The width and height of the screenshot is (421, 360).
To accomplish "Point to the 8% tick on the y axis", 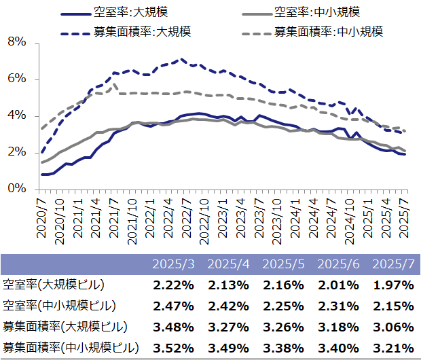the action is pyautogui.click(x=17, y=42).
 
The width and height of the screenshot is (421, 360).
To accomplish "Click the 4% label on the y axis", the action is pyautogui.click(x=17, y=115).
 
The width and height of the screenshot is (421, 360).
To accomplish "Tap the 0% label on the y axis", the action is pyautogui.click(x=17, y=189).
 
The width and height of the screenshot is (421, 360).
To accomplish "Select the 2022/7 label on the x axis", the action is pyautogui.click(x=186, y=218).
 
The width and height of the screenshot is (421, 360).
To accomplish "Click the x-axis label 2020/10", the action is pyautogui.click(x=59, y=221).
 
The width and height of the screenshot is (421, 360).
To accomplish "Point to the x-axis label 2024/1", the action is pyautogui.click(x=295, y=218).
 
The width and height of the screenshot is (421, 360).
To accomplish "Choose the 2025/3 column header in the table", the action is pyautogui.click(x=173, y=264).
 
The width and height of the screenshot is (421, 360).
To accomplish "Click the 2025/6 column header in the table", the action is pyautogui.click(x=338, y=264).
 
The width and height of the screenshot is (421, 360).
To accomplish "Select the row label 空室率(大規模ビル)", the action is pyautogui.click(x=54, y=285).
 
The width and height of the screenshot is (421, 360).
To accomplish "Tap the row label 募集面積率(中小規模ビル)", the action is pyautogui.click(x=71, y=348).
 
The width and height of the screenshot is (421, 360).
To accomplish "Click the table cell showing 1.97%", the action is pyautogui.click(x=393, y=285).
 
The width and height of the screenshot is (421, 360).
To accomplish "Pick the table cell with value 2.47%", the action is pyautogui.click(x=173, y=306).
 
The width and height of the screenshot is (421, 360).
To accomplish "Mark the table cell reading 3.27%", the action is pyautogui.click(x=228, y=327).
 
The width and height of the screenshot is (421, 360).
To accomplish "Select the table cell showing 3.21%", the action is pyautogui.click(x=393, y=348).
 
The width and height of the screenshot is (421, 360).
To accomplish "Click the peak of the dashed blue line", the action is pyautogui.click(x=182, y=59).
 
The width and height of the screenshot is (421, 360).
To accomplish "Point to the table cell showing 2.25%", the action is pyautogui.click(x=284, y=306).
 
